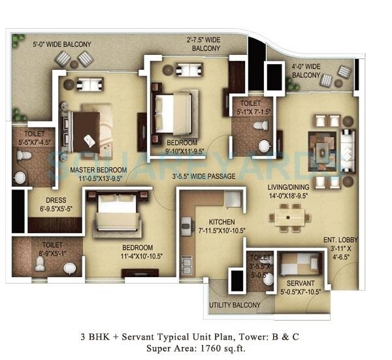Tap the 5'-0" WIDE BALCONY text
coord(62,44)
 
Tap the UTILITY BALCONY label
coord(235,305)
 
